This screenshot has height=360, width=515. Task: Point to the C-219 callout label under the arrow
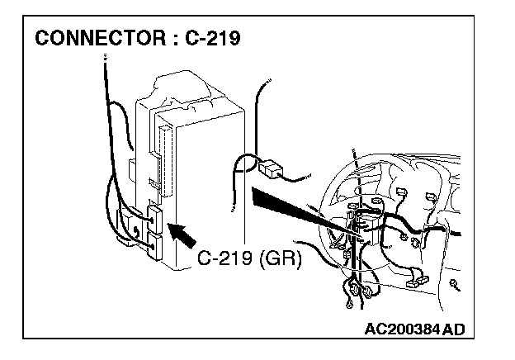click(225, 259)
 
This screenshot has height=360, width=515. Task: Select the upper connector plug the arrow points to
click(154, 216)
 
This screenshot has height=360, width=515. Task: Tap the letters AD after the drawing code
click(454, 329)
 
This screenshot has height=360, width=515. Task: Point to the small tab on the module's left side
click(132, 169)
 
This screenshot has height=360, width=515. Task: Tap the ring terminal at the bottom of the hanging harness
click(351, 307)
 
